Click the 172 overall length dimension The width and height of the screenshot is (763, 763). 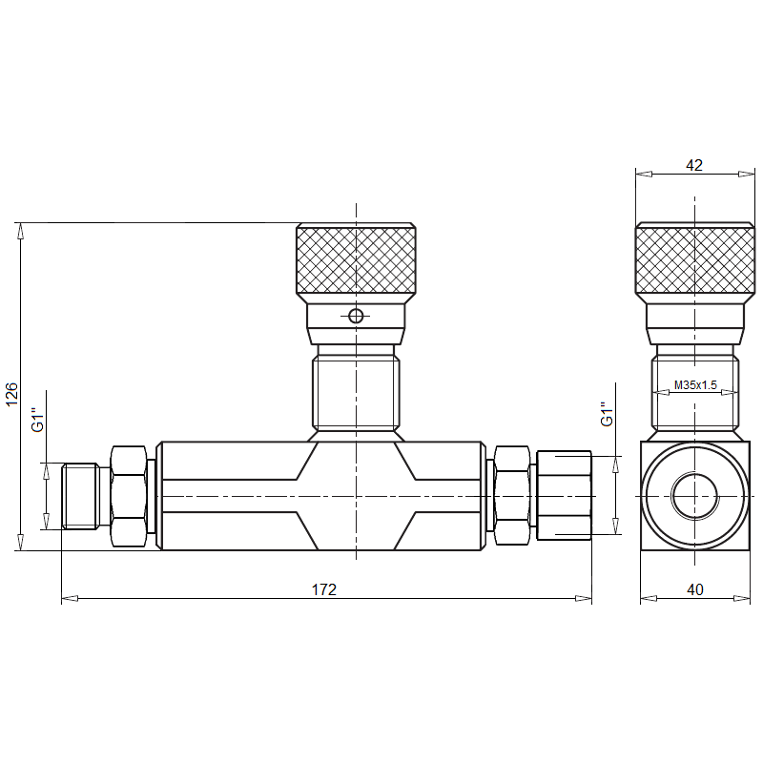(x=323, y=589)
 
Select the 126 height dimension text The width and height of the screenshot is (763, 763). (x=11, y=394)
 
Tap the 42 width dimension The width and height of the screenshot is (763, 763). (x=694, y=165)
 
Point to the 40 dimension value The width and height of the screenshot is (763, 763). (x=695, y=589)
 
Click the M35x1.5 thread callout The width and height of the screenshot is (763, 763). (x=695, y=385)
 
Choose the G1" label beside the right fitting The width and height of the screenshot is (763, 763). (x=607, y=414)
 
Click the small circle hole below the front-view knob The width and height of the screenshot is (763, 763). (x=356, y=317)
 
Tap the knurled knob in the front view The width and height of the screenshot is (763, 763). (x=356, y=259)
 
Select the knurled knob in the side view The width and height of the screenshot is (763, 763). (x=695, y=259)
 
